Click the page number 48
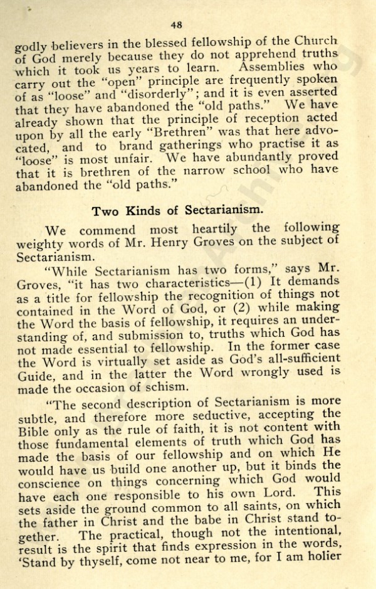point(176,26)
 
